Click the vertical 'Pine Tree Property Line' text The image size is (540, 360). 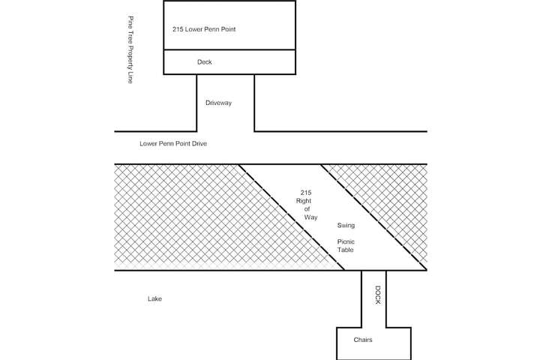point(130,49)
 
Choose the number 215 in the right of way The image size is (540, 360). point(304,193)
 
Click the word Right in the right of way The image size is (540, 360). point(304,202)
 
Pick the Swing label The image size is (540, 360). point(346,225)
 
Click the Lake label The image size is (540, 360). point(154,299)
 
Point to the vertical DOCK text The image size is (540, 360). point(378,295)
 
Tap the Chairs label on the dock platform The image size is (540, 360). point(364,340)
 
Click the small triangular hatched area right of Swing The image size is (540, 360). point(390,195)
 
